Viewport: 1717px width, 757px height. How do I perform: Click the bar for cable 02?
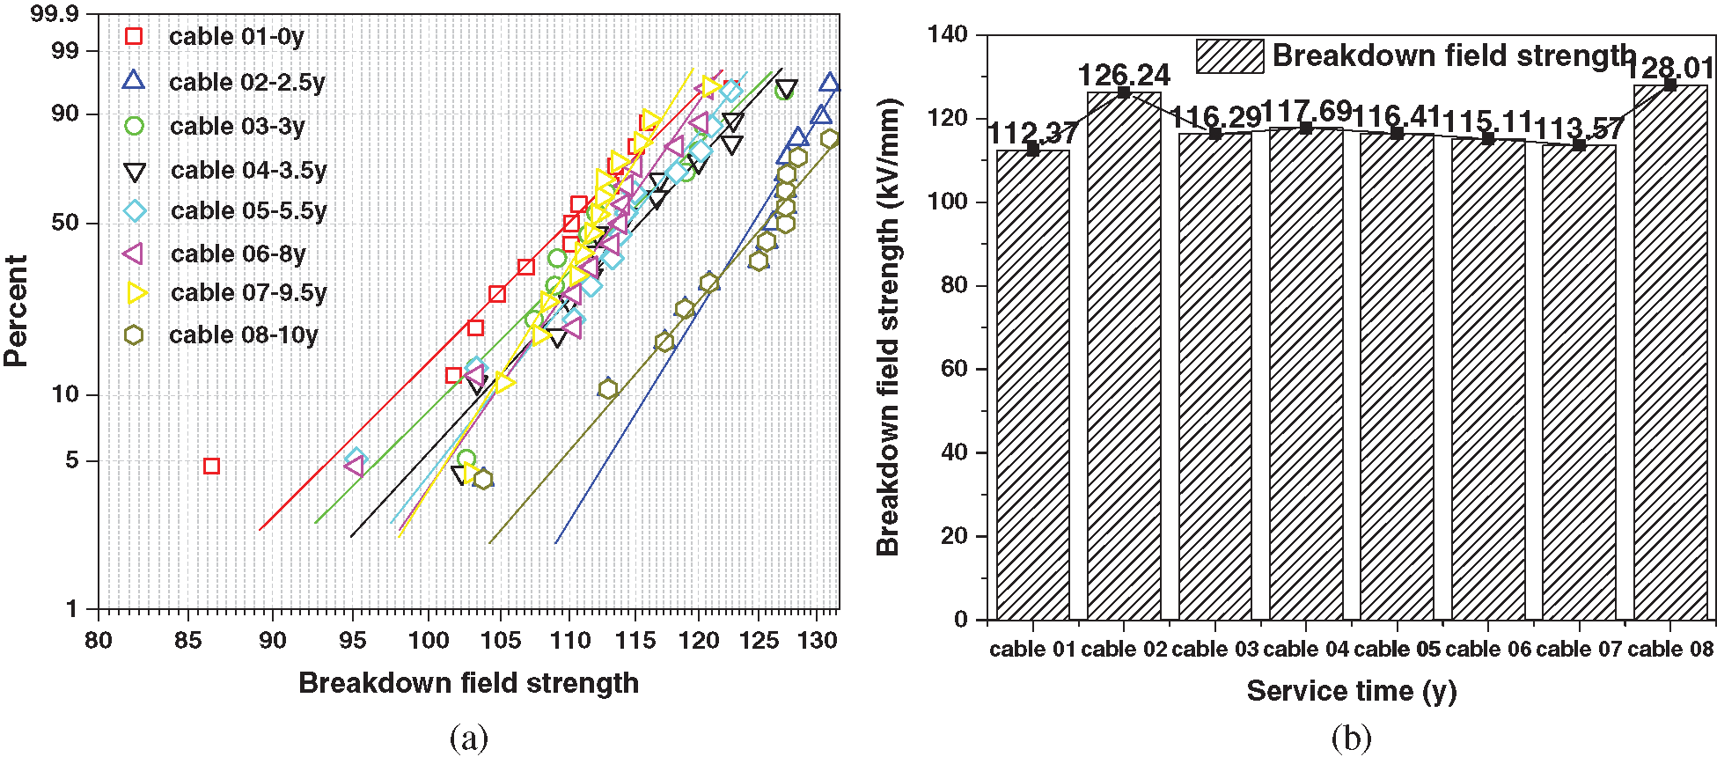click(1124, 356)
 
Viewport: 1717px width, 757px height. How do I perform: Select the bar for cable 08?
click(1670, 352)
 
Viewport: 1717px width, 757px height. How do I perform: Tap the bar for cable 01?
click(1033, 385)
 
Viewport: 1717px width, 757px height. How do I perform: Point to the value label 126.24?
click(1124, 75)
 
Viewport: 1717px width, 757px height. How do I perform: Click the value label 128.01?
click(1670, 68)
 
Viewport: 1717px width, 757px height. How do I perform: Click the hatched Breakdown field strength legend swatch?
click(1229, 56)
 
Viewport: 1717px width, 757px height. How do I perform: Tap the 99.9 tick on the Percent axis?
click(55, 13)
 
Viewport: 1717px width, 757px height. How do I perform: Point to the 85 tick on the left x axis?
click(187, 640)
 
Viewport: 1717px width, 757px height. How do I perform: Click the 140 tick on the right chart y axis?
click(947, 34)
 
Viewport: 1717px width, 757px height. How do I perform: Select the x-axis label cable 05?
click(1397, 650)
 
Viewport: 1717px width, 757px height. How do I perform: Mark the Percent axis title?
click(16, 311)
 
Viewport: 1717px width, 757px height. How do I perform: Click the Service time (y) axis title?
click(1351, 691)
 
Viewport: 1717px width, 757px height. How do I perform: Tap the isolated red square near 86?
click(211, 466)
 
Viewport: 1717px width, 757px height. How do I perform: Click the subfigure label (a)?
click(468, 738)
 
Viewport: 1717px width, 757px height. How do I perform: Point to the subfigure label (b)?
click(1351, 738)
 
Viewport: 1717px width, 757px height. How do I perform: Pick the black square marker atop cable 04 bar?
click(1306, 129)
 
